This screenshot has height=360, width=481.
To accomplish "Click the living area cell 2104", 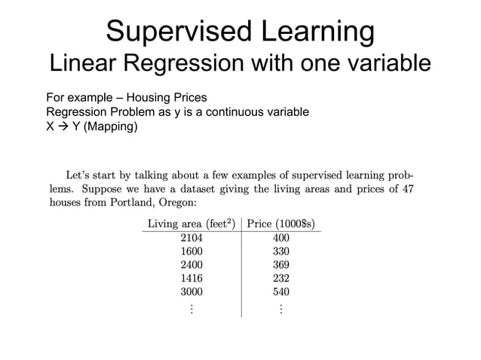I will (191, 238).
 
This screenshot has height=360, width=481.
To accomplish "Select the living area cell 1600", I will (191, 252).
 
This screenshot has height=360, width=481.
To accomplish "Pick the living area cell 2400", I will (191, 264).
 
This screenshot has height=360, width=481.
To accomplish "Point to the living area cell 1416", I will (191, 278).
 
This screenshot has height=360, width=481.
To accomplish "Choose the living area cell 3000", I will (191, 291).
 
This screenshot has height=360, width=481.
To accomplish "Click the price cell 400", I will (281, 238).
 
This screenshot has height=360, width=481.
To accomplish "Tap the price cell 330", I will (281, 252).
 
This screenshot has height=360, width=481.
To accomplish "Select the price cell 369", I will (281, 264).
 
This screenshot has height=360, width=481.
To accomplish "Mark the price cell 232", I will (281, 278).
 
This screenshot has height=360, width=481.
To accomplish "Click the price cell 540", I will (281, 291).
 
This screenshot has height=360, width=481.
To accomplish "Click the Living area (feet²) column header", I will (191, 224).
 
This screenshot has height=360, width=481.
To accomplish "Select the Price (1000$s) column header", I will (281, 224).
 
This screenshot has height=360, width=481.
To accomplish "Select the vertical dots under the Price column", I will (281, 308).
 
